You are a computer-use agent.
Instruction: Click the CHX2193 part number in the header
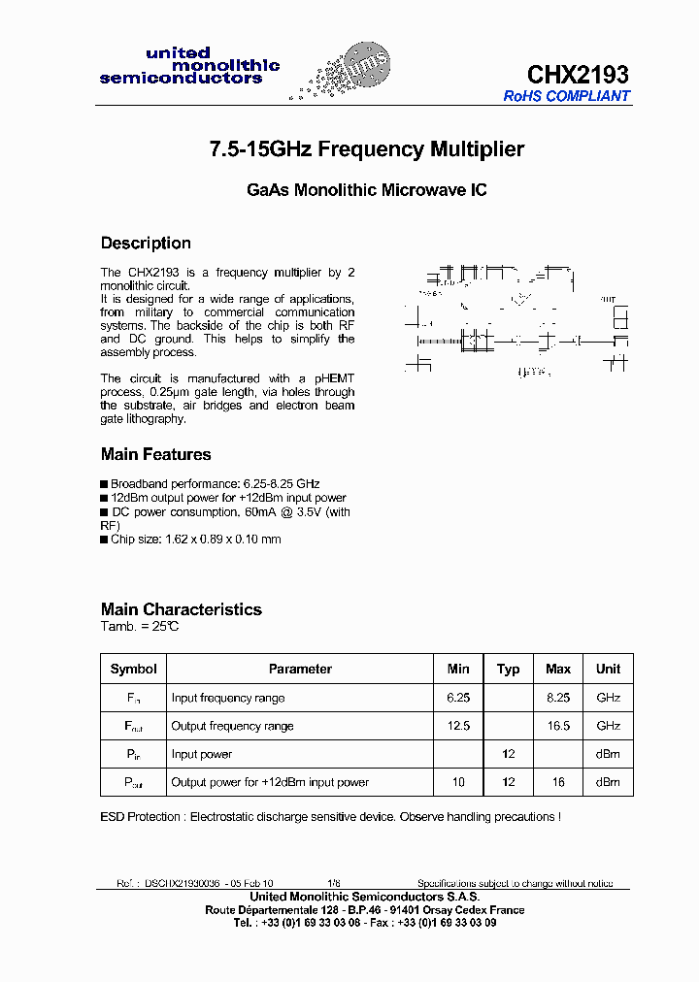tap(578, 74)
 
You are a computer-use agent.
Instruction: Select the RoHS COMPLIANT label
tap(567, 96)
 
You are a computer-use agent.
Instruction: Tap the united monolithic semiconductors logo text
tap(188, 66)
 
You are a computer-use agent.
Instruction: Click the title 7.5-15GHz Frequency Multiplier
tap(367, 149)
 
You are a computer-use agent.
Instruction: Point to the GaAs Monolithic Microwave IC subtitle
tap(367, 191)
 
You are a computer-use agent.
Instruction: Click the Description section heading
tap(146, 243)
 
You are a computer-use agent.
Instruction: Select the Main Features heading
tap(155, 454)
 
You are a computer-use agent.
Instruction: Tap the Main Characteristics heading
tap(182, 609)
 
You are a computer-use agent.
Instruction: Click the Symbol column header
tap(133, 669)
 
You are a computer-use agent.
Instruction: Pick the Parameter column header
tap(300, 669)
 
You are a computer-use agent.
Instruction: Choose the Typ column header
tap(508, 669)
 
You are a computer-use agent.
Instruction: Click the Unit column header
tap(608, 669)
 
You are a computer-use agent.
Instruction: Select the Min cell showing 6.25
tap(458, 698)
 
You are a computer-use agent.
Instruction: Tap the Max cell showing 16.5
tap(558, 726)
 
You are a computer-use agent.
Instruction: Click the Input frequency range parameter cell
tap(228, 698)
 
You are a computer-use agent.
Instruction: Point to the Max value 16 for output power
tap(558, 782)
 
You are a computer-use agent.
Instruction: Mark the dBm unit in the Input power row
tap(608, 754)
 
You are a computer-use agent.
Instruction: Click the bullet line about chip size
tap(195, 540)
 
